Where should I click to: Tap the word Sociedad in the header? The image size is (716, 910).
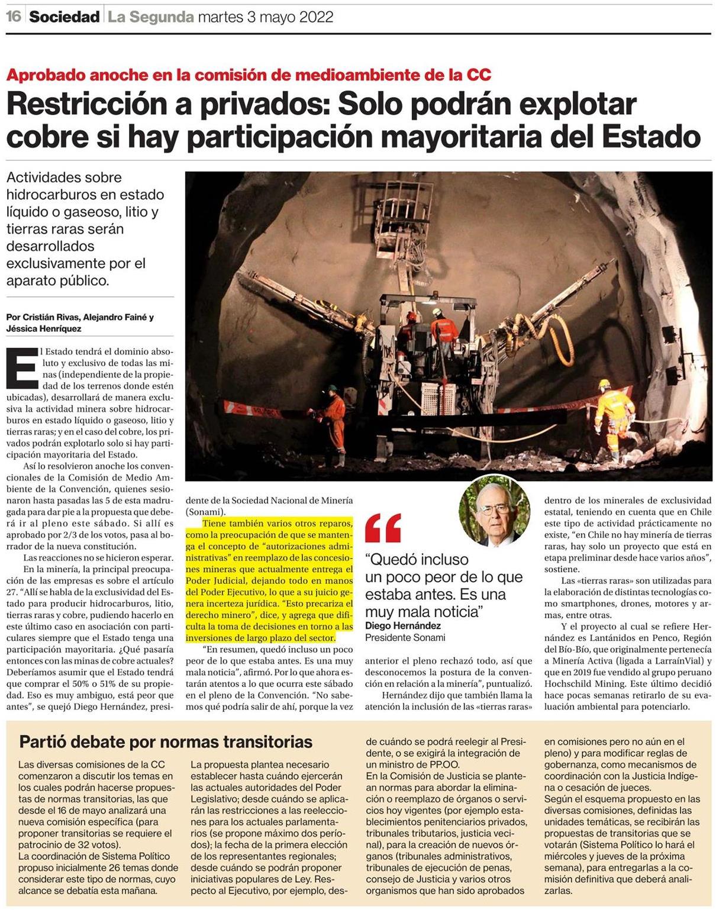point(64,17)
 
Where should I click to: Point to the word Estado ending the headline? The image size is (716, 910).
point(651,137)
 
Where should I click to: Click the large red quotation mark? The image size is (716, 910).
point(383,528)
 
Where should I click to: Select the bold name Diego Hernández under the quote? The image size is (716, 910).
point(403,625)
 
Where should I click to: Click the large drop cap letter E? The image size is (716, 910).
point(22,368)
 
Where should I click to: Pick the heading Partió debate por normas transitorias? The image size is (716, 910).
point(166,741)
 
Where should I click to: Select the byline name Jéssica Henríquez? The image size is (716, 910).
point(44,328)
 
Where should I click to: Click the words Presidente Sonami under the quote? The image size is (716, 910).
point(405,637)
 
